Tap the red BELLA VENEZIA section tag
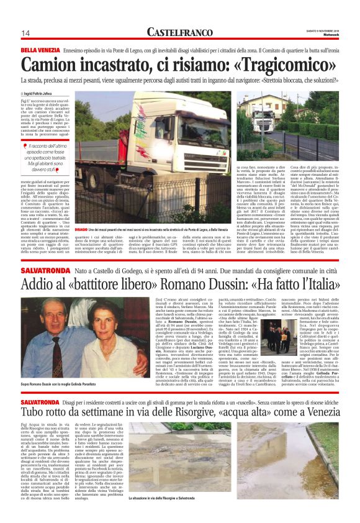pos(40,49)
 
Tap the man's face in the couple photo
pos(47,319)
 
